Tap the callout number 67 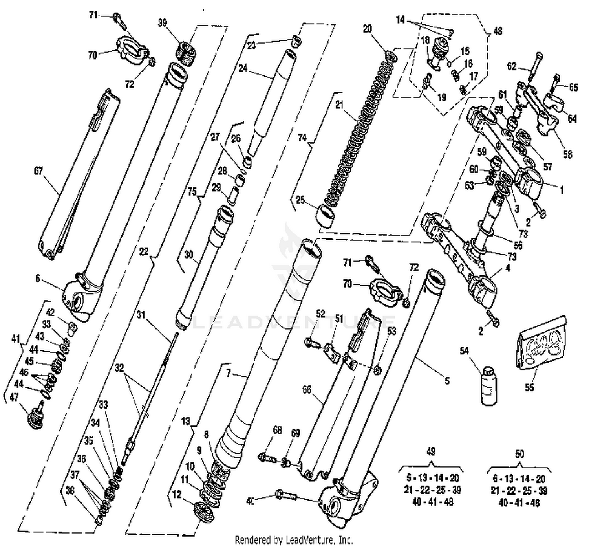point(38,171)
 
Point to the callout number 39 point(163,23)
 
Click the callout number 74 point(302,137)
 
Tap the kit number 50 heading point(519,454)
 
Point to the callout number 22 point(143,251)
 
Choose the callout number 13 point(185,422)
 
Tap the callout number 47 point(14,397)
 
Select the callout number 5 point(447,381)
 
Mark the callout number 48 point(498,31)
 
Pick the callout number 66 point(307,389)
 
